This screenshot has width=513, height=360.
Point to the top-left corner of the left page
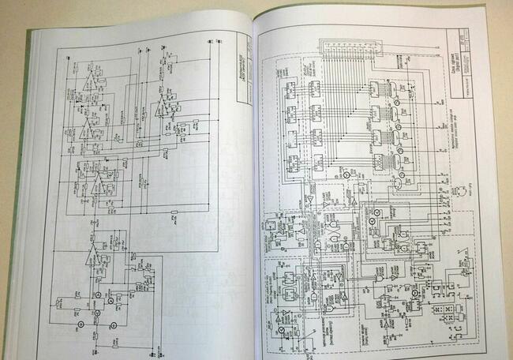[31, 33]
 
